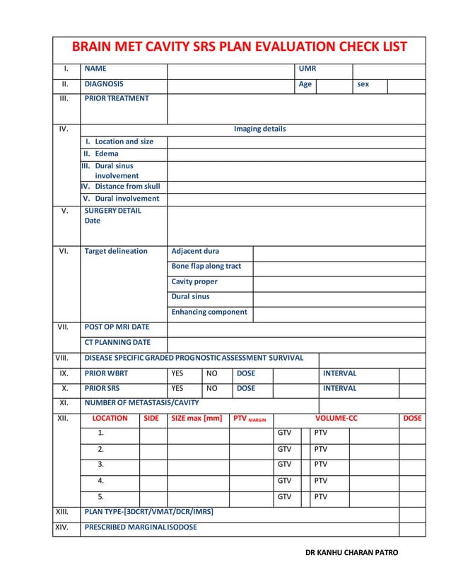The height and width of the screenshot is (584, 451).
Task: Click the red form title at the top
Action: click(x=240, y=47)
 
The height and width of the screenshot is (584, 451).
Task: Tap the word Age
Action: click(x=305, y=84)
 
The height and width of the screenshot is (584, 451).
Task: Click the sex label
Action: click(x=363, y=84)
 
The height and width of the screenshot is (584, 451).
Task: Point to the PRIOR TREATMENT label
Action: click(x=117, y=98)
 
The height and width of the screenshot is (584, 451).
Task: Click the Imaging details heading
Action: click(x=259, y=129)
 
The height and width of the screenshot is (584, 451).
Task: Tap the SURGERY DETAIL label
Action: click(x=112, y=211)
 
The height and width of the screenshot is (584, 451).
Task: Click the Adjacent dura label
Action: click(x=195, y=251)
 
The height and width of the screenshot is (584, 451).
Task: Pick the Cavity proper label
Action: click(x=194, y=281)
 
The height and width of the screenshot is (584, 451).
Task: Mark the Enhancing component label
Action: click(x=209, y=312)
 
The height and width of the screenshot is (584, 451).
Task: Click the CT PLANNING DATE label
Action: click(x=117, y=343)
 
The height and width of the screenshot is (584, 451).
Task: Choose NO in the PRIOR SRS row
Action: click(x=211, y=389)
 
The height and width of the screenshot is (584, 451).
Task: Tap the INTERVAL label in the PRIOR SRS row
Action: click(x=339, y=389)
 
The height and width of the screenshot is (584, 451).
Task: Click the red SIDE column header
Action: click(x=151, y=419)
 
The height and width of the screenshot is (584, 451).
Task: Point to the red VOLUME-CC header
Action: click(x=336, y=419)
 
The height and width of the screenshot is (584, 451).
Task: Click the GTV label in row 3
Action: click(x=284, y=465)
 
